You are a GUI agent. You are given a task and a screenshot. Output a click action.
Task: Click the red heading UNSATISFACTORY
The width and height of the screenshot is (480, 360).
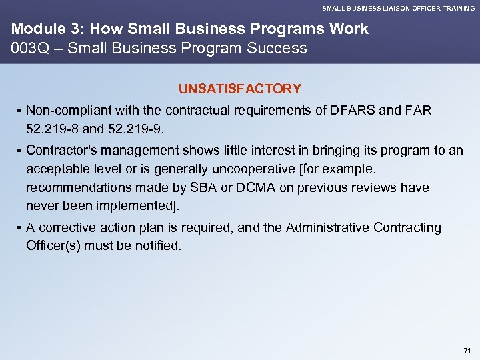[239, 89]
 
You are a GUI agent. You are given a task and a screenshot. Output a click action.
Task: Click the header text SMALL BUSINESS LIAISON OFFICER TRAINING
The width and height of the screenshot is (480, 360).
[399, 9]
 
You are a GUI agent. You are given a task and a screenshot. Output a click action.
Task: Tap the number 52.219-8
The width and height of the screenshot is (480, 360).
[50, 127]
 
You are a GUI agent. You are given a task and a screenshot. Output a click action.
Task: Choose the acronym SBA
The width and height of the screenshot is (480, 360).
[210, 188]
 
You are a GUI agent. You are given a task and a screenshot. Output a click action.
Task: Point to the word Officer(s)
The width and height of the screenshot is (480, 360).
[55, 245]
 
